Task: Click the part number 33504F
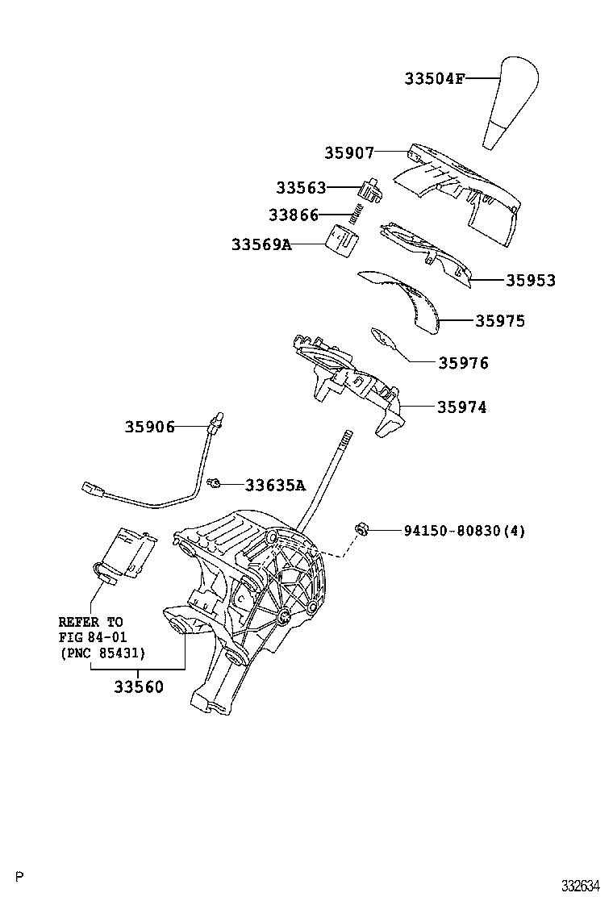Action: pyautogui.click(x=434, y=79)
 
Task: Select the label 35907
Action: pyautogui.click(x=349, y=152)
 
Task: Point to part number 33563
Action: pyautogui.click(x=300, y=188)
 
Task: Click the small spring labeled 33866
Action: pyautogui.click(x=355, y=214)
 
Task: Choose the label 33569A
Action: pyautogui.click(x=261, y=244)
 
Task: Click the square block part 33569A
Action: pyautogui.click(x=342, y=240)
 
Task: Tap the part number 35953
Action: pyautogui.click(x=530, y=281)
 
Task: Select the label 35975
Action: pyautogui.click(x=499, y=321)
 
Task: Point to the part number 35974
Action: pyautogui.click(x=461, y=407)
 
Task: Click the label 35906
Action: pyautogui.click(x=149, y=427)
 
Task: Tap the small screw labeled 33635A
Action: pyautogui.click(x=215, y=483)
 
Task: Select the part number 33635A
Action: pyautogui.click(x=275, y=485)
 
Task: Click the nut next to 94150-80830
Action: pyautogui.click(x=362, y=529)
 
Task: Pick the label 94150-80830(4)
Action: pyautogui.click(x=464, y=531)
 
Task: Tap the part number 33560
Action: pyautogui.click(x=138, y=687)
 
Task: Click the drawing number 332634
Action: pyautogui.click(x=581, y=884)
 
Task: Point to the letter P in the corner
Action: pyautogui.click(x=21, y=877)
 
